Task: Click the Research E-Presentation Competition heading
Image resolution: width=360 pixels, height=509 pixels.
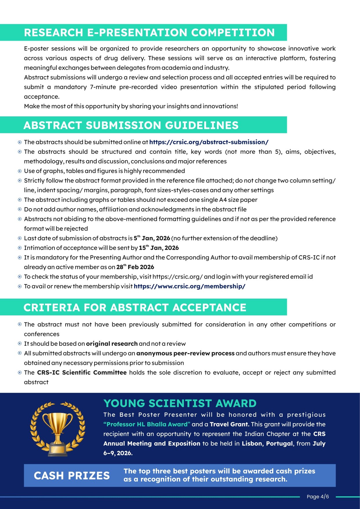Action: click(x=149, y=33)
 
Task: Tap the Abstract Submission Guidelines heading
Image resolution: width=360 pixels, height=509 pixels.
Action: click(x=131, y=125)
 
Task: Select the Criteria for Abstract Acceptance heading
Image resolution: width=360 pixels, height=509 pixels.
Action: click(x=135, y=308)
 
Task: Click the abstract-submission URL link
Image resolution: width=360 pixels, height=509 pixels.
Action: click(x=209, y=142)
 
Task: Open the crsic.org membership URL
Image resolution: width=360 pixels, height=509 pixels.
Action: click(x=189, y=286)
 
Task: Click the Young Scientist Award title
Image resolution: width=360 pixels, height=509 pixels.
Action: click(x=180, y=403)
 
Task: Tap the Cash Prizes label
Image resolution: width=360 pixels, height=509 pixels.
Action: click(x=72, y=476)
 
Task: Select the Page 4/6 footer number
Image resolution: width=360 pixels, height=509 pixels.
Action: click(x=318, y=497)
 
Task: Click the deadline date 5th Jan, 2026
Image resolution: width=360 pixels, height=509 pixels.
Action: click(x=152, y=238)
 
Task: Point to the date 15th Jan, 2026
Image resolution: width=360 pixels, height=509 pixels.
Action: click(x=159, y=248)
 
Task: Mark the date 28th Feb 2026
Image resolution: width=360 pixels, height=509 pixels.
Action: click(x=135, y=267)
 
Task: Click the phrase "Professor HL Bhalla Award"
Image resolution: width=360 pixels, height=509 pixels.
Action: click(x=147, y=424)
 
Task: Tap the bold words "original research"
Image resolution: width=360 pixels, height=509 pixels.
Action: click(x=112, y=344)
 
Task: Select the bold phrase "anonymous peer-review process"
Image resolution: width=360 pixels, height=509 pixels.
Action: click(x=185, y=353)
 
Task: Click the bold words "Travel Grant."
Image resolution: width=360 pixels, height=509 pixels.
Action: click(x=229, y=424)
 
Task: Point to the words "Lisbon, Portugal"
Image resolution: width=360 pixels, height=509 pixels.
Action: click(x=267, y=443)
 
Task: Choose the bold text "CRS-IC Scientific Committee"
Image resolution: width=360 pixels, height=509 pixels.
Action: click(x=82, y=373)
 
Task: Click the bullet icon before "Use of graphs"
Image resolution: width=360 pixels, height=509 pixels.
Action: click(x=20, y=171)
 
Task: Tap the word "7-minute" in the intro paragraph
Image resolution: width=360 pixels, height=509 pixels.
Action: click(x=103, y=87)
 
